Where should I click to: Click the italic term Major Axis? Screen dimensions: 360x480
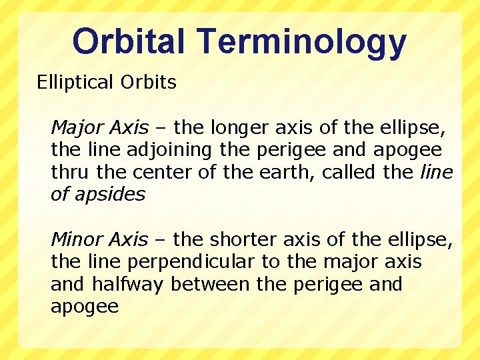tap(99, 127)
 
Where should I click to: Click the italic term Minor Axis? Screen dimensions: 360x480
tap(99, 239)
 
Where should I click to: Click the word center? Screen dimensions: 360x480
tap(159, 172)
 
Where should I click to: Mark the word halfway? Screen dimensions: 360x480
tap(128, 285)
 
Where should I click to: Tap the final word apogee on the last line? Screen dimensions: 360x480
tap(85, 307)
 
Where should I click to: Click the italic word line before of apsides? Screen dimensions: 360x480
tap(437, 172)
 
